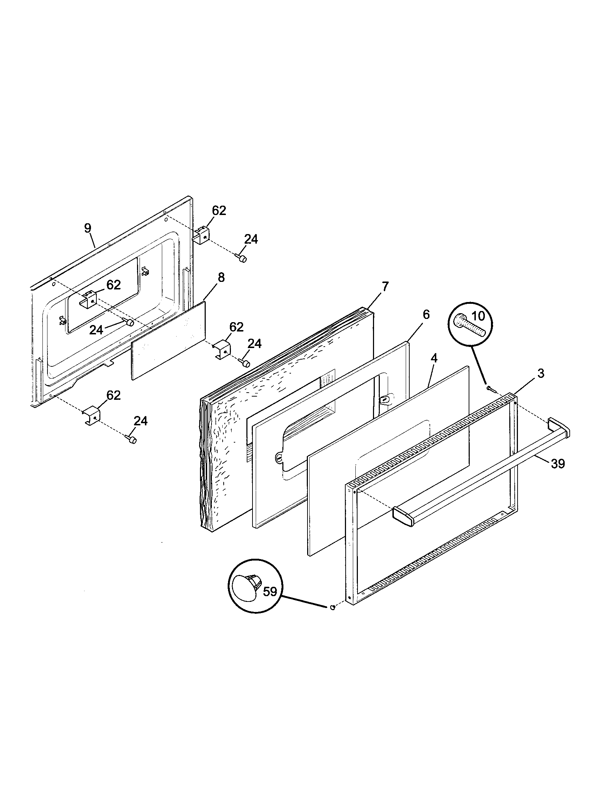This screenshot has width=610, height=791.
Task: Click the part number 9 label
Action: pyautogui.click(x=88, y=228)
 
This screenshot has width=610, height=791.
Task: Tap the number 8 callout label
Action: pyautogui.click(x=221, y=278)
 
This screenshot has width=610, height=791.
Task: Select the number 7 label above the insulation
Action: pyautogui.click(x=385, y=287)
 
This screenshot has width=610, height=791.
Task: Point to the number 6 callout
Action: pyautogui.click(x=426, y=315)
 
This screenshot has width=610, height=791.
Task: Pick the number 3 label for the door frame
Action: pyautogui.click(x=541, y=374)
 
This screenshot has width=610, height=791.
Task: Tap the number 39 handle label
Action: pyautogui.click(x=558, y=463)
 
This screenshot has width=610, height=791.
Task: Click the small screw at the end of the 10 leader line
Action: pyautogui.click(x=491, y=389)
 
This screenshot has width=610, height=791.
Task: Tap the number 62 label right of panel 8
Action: pyautogui.click(x=236, y=327)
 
